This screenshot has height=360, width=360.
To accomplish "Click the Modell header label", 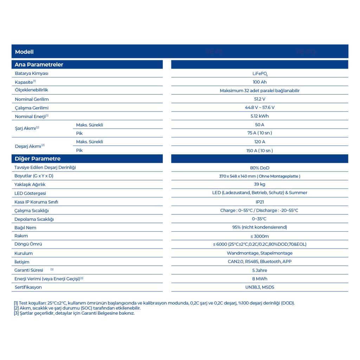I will point(24,52).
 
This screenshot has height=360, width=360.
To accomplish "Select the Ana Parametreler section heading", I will point(39,65).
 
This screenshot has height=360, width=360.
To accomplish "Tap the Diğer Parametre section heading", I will point(38,159).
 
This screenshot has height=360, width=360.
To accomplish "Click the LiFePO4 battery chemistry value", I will point(260,74).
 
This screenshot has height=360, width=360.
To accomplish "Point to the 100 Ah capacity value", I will point(260,82).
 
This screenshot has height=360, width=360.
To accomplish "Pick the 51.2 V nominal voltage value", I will point(260,99).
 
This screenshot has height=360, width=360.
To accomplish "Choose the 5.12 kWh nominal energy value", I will point(260,116).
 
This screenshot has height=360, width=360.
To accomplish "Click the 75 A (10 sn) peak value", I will point(260,133).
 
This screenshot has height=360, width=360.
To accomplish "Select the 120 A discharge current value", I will point(260,142).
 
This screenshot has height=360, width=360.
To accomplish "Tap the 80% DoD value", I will point(260,168).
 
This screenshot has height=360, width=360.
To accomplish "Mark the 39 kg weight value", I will point(260,184).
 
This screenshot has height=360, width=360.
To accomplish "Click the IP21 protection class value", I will point(260,202).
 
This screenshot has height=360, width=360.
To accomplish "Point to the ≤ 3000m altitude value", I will point(260,236).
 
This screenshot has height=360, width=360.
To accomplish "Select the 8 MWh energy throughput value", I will point(260,279).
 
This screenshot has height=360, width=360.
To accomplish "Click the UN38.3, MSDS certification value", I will point(260,287).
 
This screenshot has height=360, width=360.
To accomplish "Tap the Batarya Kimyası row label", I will point(32,73).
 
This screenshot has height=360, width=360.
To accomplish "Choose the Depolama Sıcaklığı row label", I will point(34,219).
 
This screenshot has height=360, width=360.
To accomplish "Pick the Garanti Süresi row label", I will point(29,270).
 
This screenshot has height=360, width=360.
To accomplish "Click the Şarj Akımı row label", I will point(26,128).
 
